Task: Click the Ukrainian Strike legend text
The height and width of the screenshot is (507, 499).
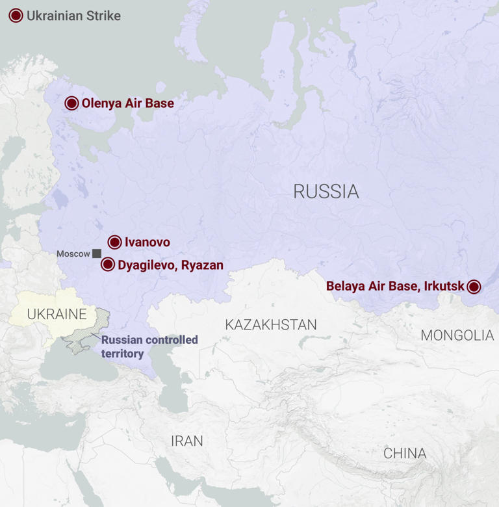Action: [73, 16]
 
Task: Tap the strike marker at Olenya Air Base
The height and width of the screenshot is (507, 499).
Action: [72, 103]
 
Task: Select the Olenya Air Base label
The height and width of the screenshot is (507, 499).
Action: [128, 103]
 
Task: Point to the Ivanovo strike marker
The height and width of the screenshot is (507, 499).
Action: [114, 242]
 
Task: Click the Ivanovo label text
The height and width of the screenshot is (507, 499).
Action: [147, 242]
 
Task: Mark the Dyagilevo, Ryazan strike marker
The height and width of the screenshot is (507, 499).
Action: [108, 265]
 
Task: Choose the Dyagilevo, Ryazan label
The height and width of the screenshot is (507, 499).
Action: [170, 265]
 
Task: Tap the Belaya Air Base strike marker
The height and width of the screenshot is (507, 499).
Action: [474, 287]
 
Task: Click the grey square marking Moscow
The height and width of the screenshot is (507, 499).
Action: [96, 253]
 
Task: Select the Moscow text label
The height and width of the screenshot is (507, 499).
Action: [73, 253]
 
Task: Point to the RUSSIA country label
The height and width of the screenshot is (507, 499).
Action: [326, 191]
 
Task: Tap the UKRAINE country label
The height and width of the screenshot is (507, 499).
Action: [57, 315]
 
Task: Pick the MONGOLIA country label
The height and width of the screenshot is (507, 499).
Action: [457, 335]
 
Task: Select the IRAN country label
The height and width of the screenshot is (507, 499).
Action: [187, 441]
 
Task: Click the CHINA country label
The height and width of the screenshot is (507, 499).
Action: [405, 453]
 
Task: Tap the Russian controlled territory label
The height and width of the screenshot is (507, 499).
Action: [149, 347]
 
